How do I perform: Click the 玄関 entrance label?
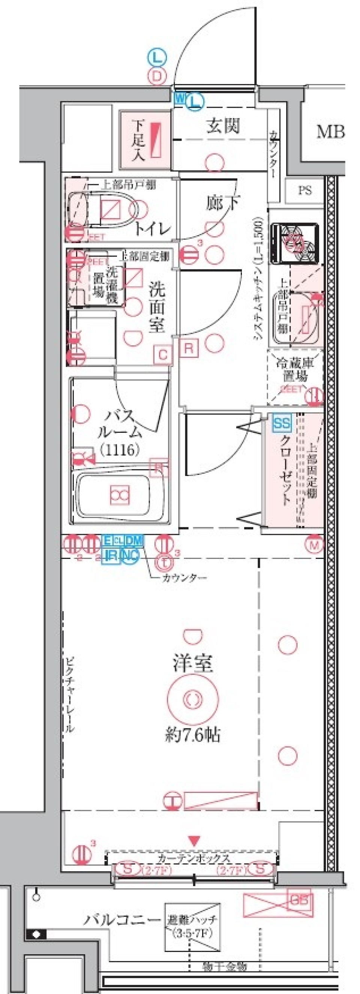223,125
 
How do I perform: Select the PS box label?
305,190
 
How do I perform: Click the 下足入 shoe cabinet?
145,140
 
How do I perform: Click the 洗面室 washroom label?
157,306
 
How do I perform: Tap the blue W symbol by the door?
180,98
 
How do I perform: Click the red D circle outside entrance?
157,76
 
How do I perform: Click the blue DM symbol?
134,541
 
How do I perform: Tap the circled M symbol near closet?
315,545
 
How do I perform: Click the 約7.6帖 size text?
192,736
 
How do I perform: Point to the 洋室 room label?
192,663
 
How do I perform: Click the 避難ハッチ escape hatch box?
192,926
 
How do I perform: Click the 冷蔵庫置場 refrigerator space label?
294,369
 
